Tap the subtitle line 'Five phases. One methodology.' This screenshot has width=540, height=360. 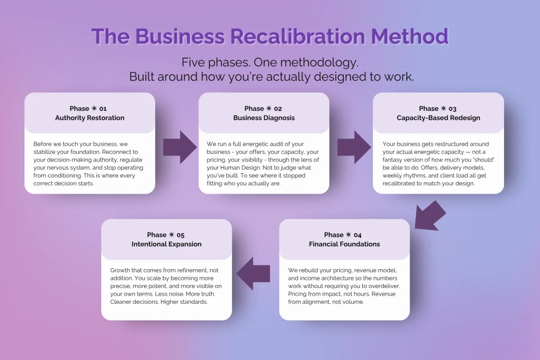[270, 62]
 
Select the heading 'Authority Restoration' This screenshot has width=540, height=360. [90, 118]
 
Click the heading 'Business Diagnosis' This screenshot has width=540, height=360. [264, 118]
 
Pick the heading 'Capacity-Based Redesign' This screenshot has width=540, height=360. [438, 118]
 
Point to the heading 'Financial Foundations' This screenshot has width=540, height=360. [344, 244]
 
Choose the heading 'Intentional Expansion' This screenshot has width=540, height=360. [166, 244]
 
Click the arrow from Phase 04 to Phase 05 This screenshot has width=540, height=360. [253, 274]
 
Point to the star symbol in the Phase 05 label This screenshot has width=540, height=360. [171, 235]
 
